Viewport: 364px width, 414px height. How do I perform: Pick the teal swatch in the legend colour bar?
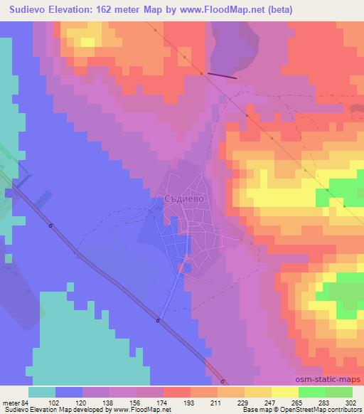tap(42, 392)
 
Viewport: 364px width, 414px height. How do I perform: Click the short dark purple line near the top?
tap(223, 75)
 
